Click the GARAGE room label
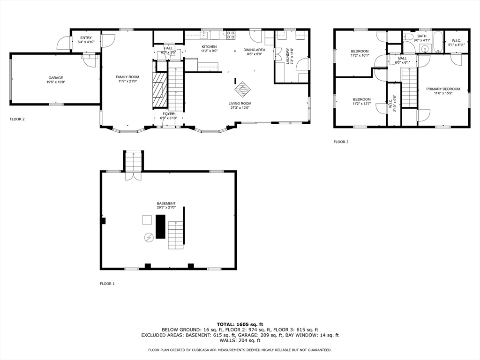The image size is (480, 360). pyautogui.click(x=55, y=78)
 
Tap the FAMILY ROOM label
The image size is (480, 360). pyautogui.click(x=127, y=77)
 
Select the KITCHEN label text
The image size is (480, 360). pyautogui.click(x=209, y=47)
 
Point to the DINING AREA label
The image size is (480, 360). pyautogui.click(x=254, y=50)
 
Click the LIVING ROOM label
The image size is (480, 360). pyautogui.click(x=240, y=104)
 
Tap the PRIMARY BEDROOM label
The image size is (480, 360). pyautogui.click(x=443, y=89)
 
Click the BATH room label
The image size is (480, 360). pyautogui.click(x=422, y=36)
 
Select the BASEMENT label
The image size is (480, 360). pyautogui.click(x=166, y=203)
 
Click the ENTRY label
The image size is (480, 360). pyautogui.click(x=86, y=38)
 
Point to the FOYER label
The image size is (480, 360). pyautogui.click(x=169, y=114)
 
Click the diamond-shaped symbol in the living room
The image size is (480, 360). pyautogui.click(x=243, y=88)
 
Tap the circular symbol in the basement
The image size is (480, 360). pyautogui.click(x=149, y=238)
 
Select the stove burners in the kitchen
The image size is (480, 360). pyautogui.click(x=231, y=35)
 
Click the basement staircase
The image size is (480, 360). pyautogui.click(x=175, y=235)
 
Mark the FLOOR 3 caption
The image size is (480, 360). pyautogui.click(x=341, y=142)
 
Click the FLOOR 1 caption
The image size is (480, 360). pyautogui.click(x=107, y=284)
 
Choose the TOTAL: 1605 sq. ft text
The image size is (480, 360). pyautogui.click(x=240, y=324)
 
